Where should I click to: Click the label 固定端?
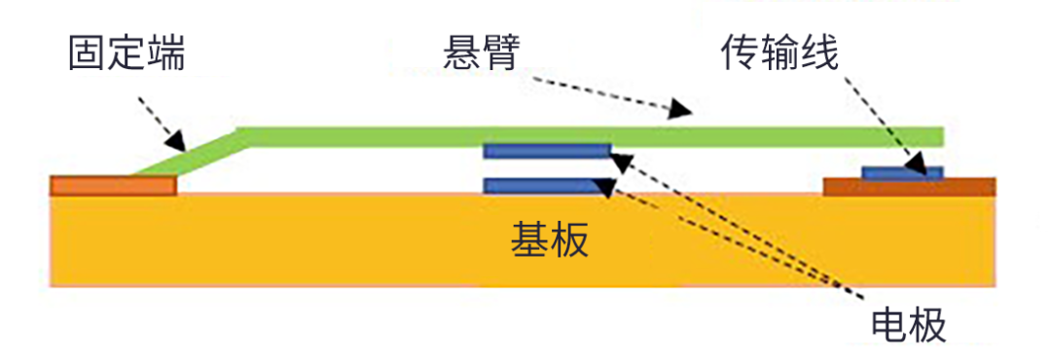[x=127, y=54]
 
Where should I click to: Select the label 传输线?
[x=779, y=54]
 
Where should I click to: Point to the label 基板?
[x=550, y=239]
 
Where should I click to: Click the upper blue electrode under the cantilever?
[x=548, y=151]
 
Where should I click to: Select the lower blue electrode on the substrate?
[x=548, y=185]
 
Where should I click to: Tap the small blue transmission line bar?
[x=902, y=172]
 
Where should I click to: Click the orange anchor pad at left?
[x=112, y=185]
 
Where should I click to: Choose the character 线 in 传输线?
[x=818, y=54]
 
